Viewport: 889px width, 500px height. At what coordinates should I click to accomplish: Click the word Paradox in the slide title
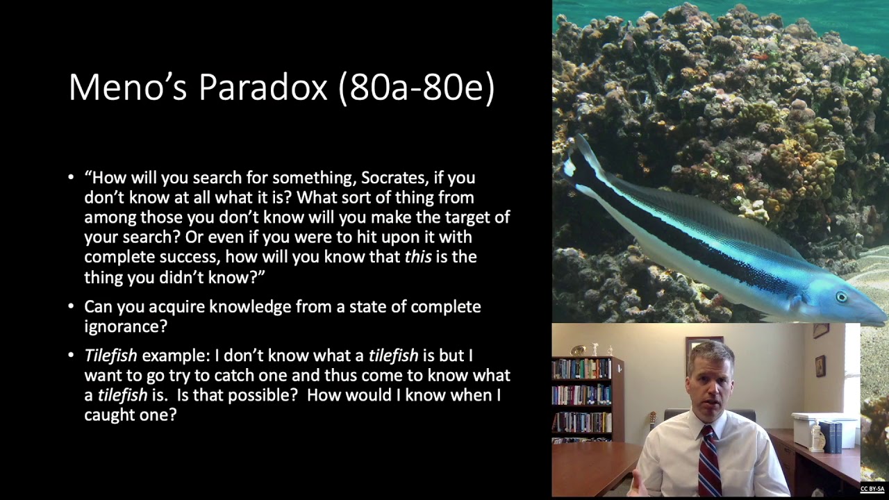coord(263,88)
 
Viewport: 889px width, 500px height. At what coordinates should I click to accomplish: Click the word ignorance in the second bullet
coord(126,326)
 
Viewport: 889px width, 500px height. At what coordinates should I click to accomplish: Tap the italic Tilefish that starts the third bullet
coord(110,356)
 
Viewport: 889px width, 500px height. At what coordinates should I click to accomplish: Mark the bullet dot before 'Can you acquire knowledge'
coord(71,306)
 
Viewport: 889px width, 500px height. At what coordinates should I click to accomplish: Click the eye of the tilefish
coord(841,297)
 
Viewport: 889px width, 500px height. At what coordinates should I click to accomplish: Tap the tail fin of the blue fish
coord(580,163)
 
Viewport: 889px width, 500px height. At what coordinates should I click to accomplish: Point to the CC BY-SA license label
coord(872,490)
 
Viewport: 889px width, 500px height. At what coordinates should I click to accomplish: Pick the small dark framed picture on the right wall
coord(820,365)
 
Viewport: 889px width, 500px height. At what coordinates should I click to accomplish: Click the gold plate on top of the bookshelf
coord(578,351)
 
